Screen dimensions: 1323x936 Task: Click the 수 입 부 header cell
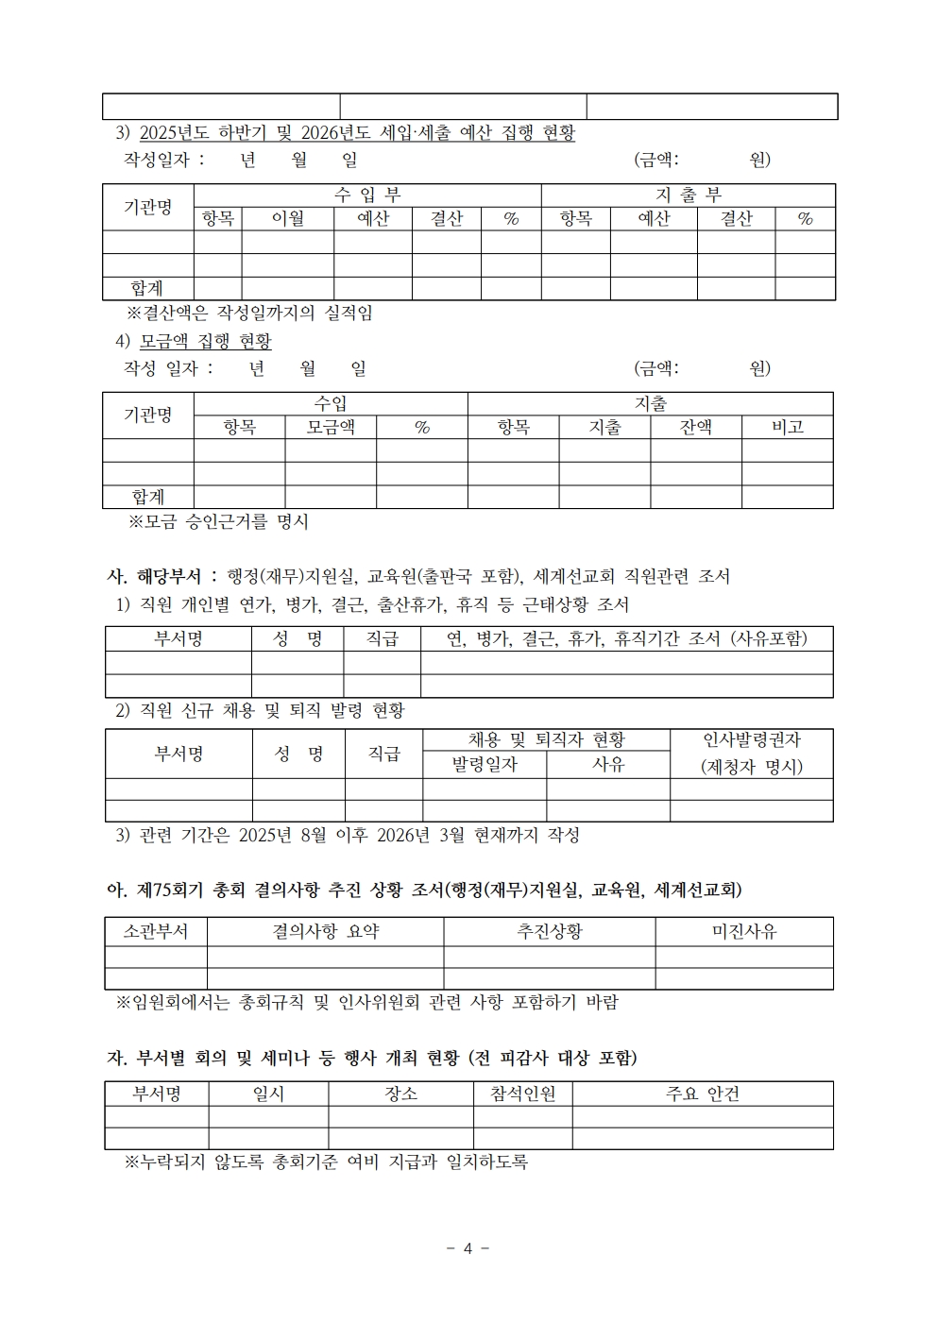click(367, 195)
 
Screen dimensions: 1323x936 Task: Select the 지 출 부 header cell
click(688, 195)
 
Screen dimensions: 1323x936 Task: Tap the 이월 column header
click(287, 219)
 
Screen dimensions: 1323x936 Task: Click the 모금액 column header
click(331, 427)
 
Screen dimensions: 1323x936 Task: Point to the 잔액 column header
click(695, 427)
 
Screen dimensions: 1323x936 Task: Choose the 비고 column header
click(787, 427)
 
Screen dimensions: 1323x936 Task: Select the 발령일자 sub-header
click(484, 765)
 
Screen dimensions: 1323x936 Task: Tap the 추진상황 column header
click(549, 931)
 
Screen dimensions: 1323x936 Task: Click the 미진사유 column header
click(743, 931)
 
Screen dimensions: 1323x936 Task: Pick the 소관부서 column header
click(156, 931)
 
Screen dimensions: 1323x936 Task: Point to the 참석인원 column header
click(522, 1094)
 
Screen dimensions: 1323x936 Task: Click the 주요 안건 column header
click(702, 1094)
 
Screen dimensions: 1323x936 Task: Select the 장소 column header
click(400, 1094)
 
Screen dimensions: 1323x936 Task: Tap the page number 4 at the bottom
click(468, 1248)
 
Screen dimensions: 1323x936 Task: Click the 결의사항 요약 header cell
click(325, 931)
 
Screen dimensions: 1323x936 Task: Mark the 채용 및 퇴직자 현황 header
click(546, 740)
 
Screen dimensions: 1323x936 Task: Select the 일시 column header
click(268, 1094)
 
